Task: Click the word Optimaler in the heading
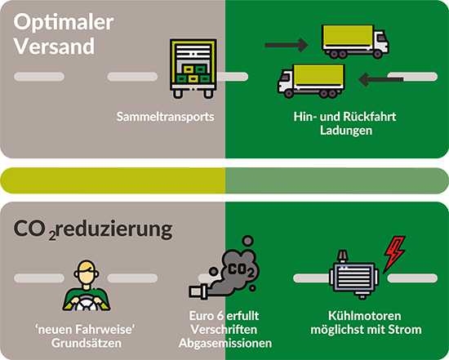[x=64, y=23]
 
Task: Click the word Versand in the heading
[x=54, y=46]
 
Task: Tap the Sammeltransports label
[x=165, y=117]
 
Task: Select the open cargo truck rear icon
[x=193, y=69]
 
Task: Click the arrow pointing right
[x=287, y=45]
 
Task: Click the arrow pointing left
[x=381, y=79]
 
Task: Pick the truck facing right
[x=355, y=42]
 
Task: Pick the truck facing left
[x=311, y=81]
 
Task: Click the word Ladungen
[x=346, y=131]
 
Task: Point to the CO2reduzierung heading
[x=93, y=229]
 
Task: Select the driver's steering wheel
[x=87, y=304]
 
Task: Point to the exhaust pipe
[x=198, y=291]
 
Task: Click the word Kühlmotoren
[x=365, y=316]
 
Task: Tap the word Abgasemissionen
[x=225, y=343]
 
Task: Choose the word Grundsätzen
[x=87, y=343]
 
